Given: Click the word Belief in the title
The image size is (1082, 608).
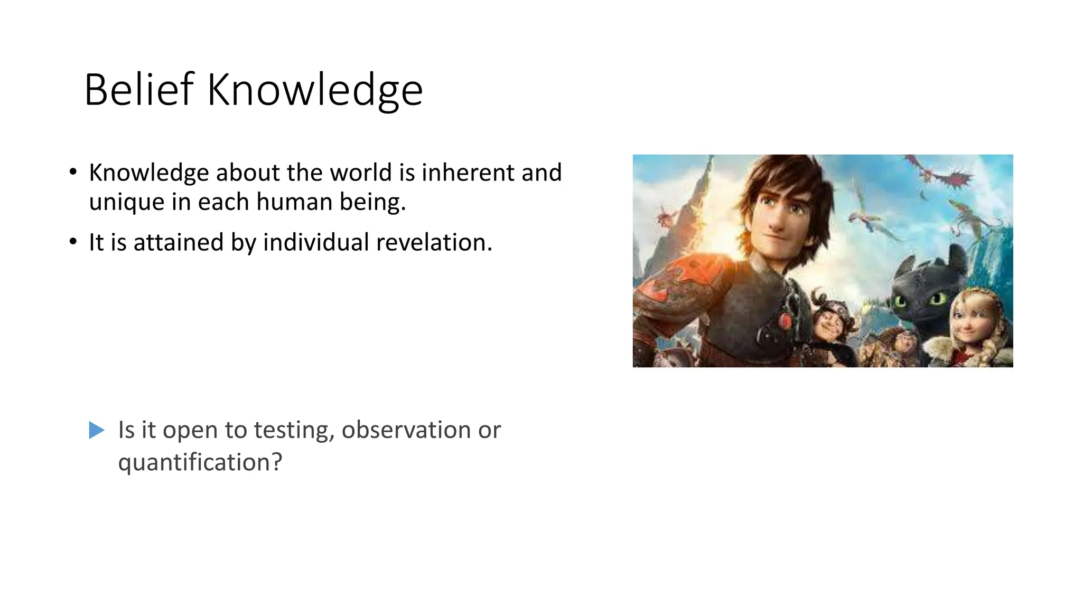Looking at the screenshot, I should click(x=139, y=90).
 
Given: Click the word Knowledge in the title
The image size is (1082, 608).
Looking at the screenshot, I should click(x=315, y=91).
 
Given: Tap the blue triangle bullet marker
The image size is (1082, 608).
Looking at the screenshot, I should click(x=97, y=430).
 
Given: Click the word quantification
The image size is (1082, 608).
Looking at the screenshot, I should click(x=200, y=463).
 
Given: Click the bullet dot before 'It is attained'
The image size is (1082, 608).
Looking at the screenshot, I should click(x=73, y=243).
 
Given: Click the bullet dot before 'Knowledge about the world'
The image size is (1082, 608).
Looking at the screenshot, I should click(x=73, y=173).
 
